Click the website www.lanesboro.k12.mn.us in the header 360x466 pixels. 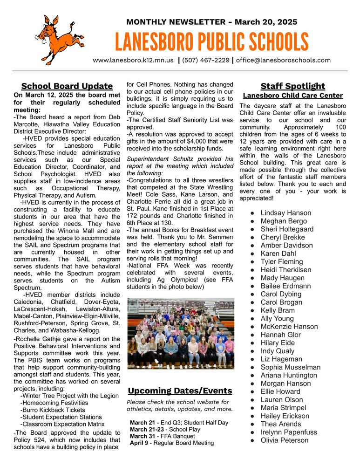click(x=133, y=60)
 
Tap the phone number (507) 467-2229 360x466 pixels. click(x=205, y=60)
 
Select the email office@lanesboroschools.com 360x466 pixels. click(x=283, y=60)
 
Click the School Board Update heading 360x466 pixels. click(x=67, y=86)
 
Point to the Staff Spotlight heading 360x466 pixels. click(x=292, y=86)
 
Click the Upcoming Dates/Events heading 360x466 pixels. click(x=180, y=391)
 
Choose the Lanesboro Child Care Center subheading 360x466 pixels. click(x=292, y=96)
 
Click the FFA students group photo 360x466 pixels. click(x=180, y=334)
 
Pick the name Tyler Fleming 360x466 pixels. click(x=282, y=262)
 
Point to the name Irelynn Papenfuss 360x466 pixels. click(x=289, y=432)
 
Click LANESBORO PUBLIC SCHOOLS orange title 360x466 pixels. click(x=212, y=42)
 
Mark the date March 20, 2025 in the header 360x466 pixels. click(x=266, y=22)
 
